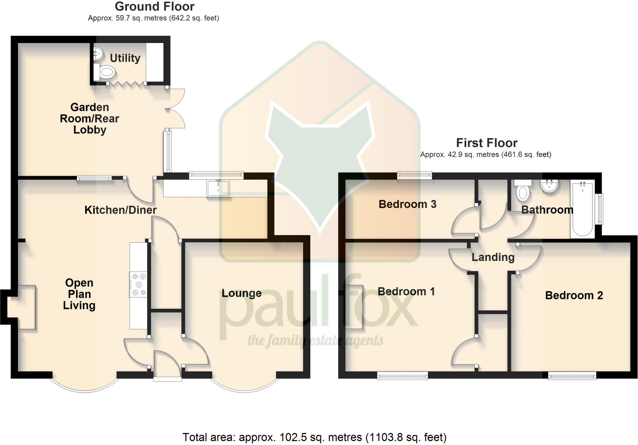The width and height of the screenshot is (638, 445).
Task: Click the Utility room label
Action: tap(125, 58)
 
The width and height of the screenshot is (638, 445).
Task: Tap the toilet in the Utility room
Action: tap(106, 72)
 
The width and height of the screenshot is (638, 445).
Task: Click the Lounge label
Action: tap(241, 293)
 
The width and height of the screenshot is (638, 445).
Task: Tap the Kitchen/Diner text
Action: tap(121, 210)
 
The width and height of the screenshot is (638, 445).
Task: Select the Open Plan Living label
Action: tap(79, 294)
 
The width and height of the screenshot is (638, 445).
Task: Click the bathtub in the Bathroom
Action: tap(582, 210)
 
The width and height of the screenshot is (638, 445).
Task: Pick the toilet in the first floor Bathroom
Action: tap(523, 191)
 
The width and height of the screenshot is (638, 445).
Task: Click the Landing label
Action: tap(493, 257)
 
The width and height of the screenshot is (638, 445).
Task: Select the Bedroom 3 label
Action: tap(407, 204)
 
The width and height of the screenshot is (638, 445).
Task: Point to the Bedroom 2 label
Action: tap(574, 295)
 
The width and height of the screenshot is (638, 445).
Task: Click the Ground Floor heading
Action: tap(155, 6)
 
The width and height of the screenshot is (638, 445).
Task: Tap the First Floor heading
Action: tap(487, 143)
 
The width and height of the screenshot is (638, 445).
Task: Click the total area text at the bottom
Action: tap(314, 437)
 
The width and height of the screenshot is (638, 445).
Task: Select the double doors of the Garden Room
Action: tap(176, 109)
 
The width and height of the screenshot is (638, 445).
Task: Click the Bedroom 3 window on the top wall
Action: tap(414, 176)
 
